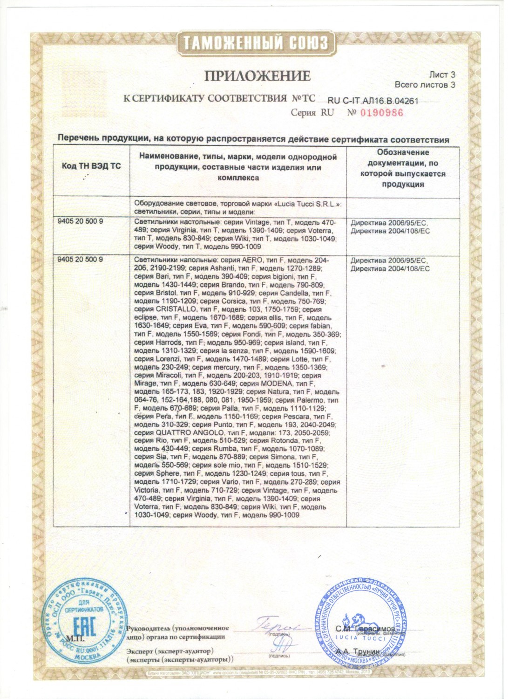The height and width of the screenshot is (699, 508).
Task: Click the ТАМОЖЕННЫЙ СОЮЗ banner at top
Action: click(254, 43)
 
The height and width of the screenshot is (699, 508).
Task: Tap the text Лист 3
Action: click(442, 75)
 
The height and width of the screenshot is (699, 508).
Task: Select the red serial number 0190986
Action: click(381, 113)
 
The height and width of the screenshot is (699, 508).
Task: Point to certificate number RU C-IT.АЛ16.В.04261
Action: click(373, 101)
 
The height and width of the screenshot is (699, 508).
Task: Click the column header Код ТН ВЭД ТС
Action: click(91, 166)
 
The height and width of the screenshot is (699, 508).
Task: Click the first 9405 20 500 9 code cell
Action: click(80, 221)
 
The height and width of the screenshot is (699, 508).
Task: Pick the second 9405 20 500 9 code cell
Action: click(80, 259)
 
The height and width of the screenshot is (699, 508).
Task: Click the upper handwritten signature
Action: click(278, 624)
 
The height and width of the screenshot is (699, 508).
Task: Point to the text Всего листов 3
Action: click(425, 85)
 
